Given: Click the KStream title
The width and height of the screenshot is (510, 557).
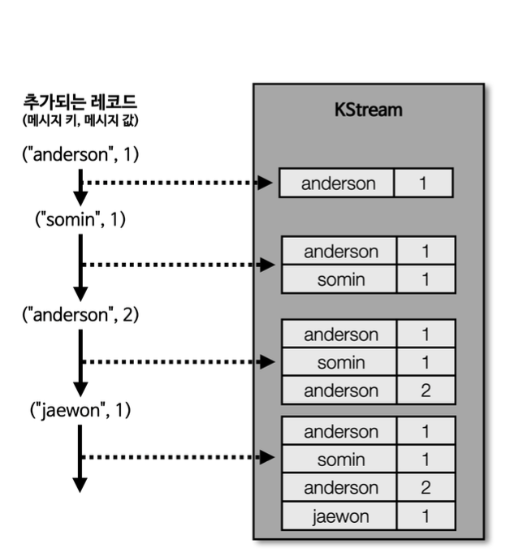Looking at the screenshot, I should pos(368,110).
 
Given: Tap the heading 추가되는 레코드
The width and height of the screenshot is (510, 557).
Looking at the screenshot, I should pos(80,103).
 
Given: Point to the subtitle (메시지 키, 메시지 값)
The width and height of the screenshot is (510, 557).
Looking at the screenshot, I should pos(80,121).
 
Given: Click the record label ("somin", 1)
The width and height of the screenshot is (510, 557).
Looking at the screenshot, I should pos(80,218).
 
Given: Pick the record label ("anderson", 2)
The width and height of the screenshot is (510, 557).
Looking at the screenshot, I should pos(80,316).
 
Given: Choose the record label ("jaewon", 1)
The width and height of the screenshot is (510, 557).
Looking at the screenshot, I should pos(80,410).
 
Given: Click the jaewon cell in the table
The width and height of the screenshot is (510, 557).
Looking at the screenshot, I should pos(340,516).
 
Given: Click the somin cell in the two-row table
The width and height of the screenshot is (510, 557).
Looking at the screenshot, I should pos(340,279).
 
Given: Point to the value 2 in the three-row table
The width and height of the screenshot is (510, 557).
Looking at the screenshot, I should pos(426,391).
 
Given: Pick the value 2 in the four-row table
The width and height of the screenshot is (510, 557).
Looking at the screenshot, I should pos(426,487).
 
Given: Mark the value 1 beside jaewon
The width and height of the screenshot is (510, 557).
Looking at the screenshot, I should pos(426,516).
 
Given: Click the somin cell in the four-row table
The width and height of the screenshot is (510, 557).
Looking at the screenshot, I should pos(340,460).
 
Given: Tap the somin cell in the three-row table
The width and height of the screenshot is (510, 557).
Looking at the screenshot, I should pos(340,363).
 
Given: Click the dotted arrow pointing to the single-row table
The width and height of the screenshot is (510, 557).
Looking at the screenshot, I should pos(179,183).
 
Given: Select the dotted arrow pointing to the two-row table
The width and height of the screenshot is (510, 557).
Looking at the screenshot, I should pos(179,264).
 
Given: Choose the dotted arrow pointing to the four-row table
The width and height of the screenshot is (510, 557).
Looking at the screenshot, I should pos(179,457).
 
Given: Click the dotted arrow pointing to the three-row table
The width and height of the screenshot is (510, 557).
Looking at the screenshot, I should pos(179,361).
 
